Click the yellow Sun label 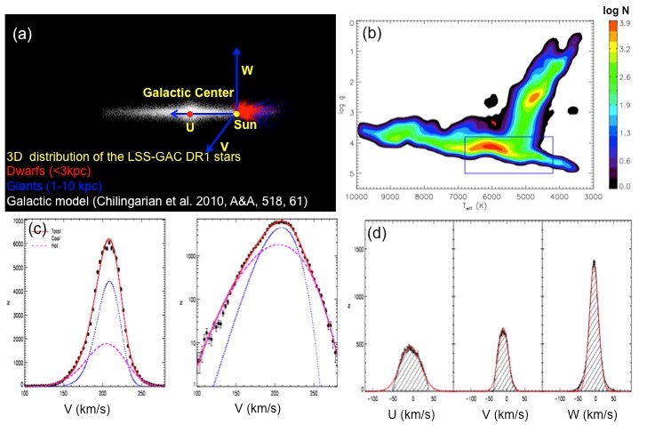point(239,127)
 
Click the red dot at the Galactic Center point(190,114)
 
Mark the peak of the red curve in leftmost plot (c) point(108,240)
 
